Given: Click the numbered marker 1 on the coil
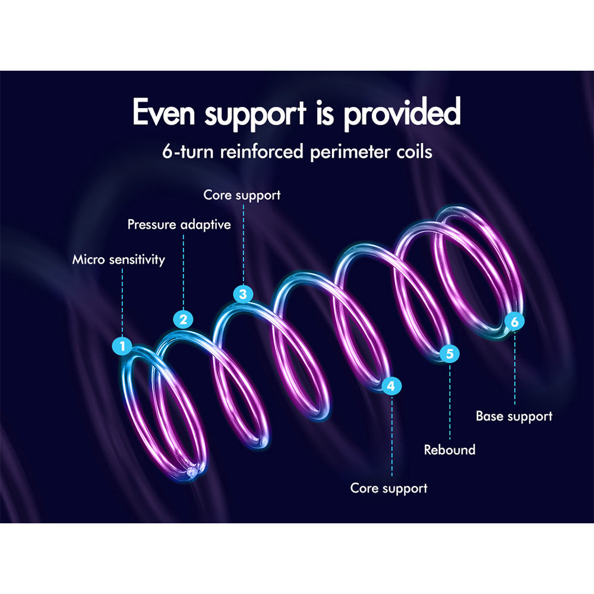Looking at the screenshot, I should (123, 346).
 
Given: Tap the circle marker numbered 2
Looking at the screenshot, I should (184, 319).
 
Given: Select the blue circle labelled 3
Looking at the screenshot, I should (242, 293).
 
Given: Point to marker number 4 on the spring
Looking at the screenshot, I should (391, 386).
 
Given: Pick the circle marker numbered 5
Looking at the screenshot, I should (450, 354).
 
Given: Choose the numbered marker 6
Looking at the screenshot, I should (514, 321).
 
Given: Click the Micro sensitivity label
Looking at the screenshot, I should (119, 260).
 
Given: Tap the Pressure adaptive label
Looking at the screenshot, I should (179, 225).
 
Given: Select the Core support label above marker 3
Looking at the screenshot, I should (242, 195).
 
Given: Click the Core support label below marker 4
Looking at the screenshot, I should (388, 488).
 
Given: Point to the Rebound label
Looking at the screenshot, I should (450, 450).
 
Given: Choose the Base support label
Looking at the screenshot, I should (514, 416).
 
